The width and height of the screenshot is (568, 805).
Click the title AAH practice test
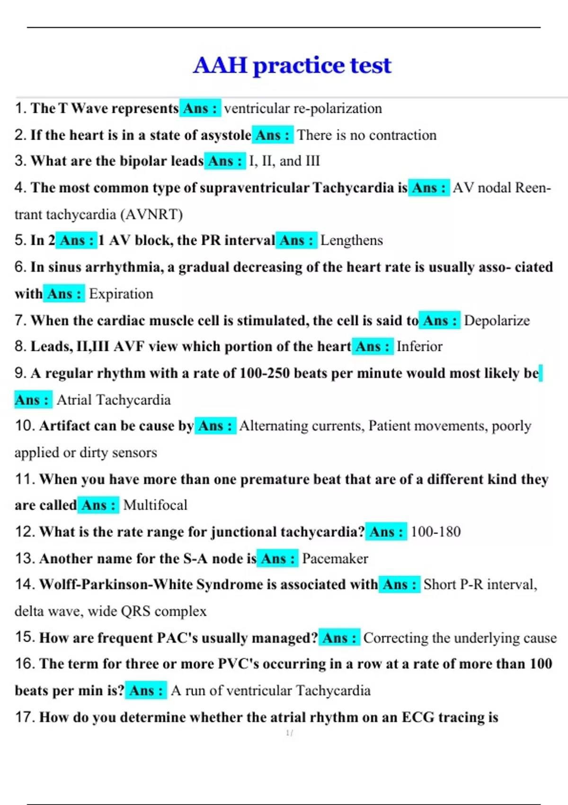(292, 65)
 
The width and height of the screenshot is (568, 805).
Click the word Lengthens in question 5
(351, 241)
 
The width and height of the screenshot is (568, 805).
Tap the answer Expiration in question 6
(121, 294)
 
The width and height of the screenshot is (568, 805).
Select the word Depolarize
(497, 321)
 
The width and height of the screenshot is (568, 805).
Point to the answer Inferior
(419, 347)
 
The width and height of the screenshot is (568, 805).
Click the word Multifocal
(155, 505)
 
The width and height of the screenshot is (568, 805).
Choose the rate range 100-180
(435, 532)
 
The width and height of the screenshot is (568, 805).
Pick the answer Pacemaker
(335, 559)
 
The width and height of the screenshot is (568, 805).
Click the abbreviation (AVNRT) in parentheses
(151, 215)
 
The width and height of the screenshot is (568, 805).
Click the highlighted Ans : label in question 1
(200, 108)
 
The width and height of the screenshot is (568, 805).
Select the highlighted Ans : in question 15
(339, 638)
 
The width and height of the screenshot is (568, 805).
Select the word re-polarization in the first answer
(337, 108)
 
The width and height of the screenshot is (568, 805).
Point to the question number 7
(20, 321)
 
